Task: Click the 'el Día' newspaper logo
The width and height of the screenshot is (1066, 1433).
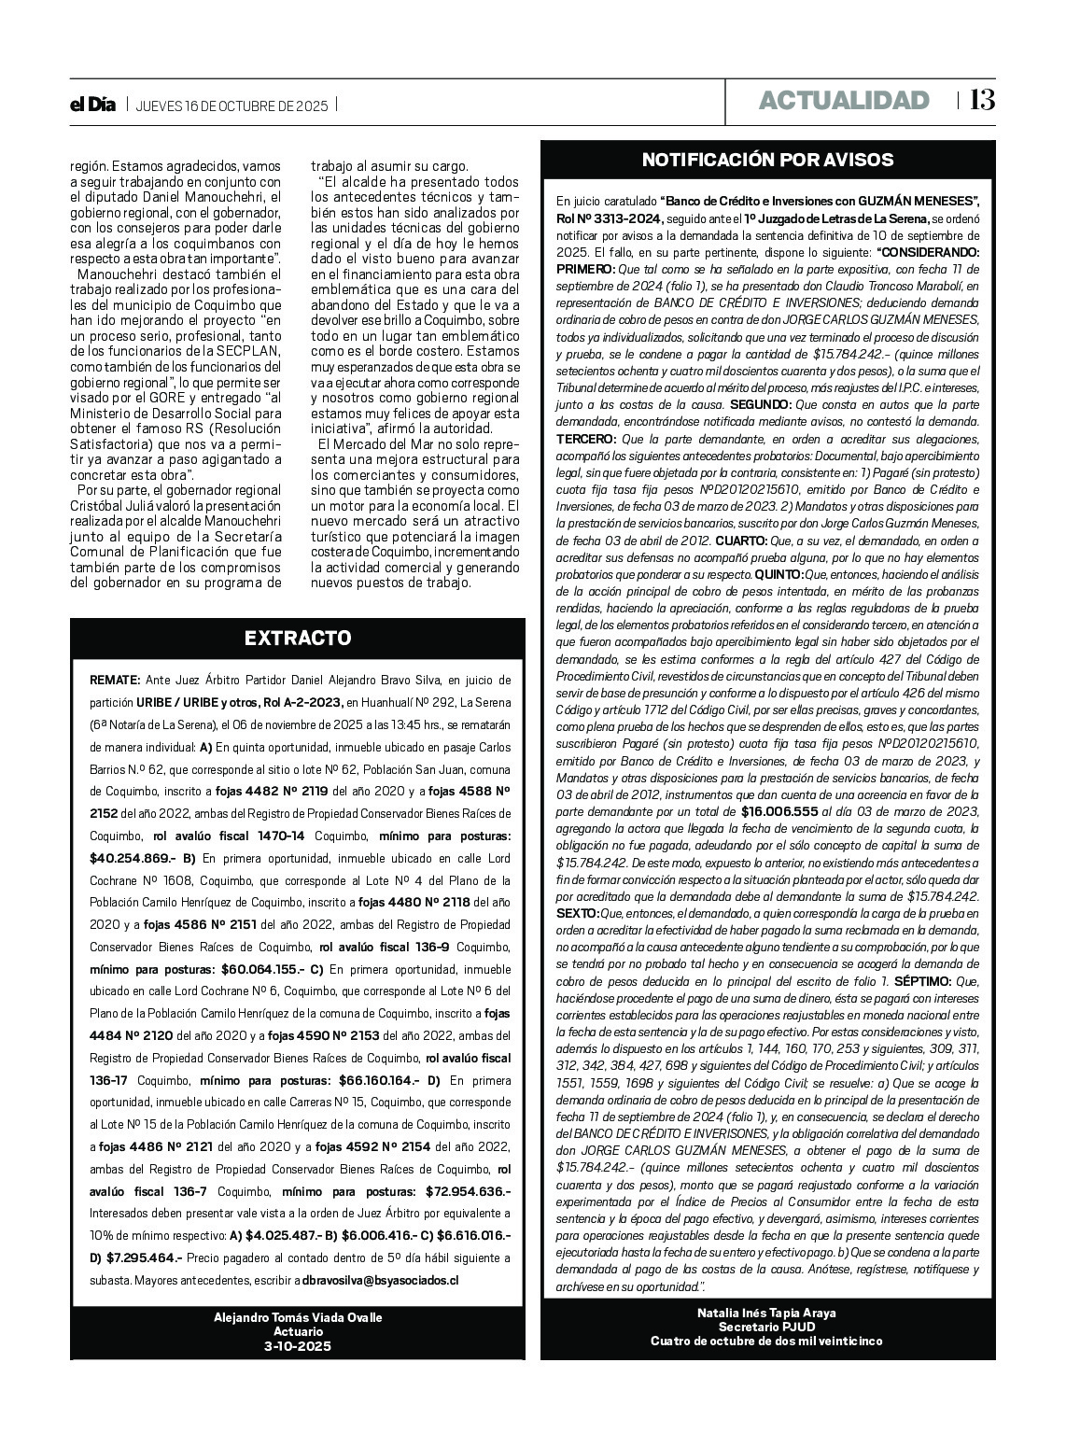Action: coord(93,105)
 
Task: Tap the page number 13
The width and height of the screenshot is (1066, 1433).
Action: coord(982,100)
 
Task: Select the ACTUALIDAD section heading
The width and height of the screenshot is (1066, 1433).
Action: coord(844,101)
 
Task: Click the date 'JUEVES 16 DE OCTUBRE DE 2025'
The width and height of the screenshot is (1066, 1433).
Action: coord(231,106)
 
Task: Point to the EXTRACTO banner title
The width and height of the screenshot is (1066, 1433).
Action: coord(298,639)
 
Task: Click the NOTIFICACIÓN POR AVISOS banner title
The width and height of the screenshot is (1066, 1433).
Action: coord(767,160)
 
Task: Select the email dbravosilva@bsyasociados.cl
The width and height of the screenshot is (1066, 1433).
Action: coord(380,1281)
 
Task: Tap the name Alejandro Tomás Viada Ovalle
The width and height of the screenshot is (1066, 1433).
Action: coord(298,1317)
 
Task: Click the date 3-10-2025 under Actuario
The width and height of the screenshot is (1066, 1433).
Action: coord(298,1346)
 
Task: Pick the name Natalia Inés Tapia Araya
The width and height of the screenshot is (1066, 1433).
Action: coord(767,1313)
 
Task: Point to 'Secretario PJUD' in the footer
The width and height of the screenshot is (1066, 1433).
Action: coord(767,1327)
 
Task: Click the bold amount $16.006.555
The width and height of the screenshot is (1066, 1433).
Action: coord(778,812)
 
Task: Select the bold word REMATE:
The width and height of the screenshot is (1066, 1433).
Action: coord(115,681)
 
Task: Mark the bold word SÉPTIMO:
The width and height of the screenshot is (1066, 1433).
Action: coord(922,981)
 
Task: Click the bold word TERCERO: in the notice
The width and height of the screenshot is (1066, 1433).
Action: coord(586,439)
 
